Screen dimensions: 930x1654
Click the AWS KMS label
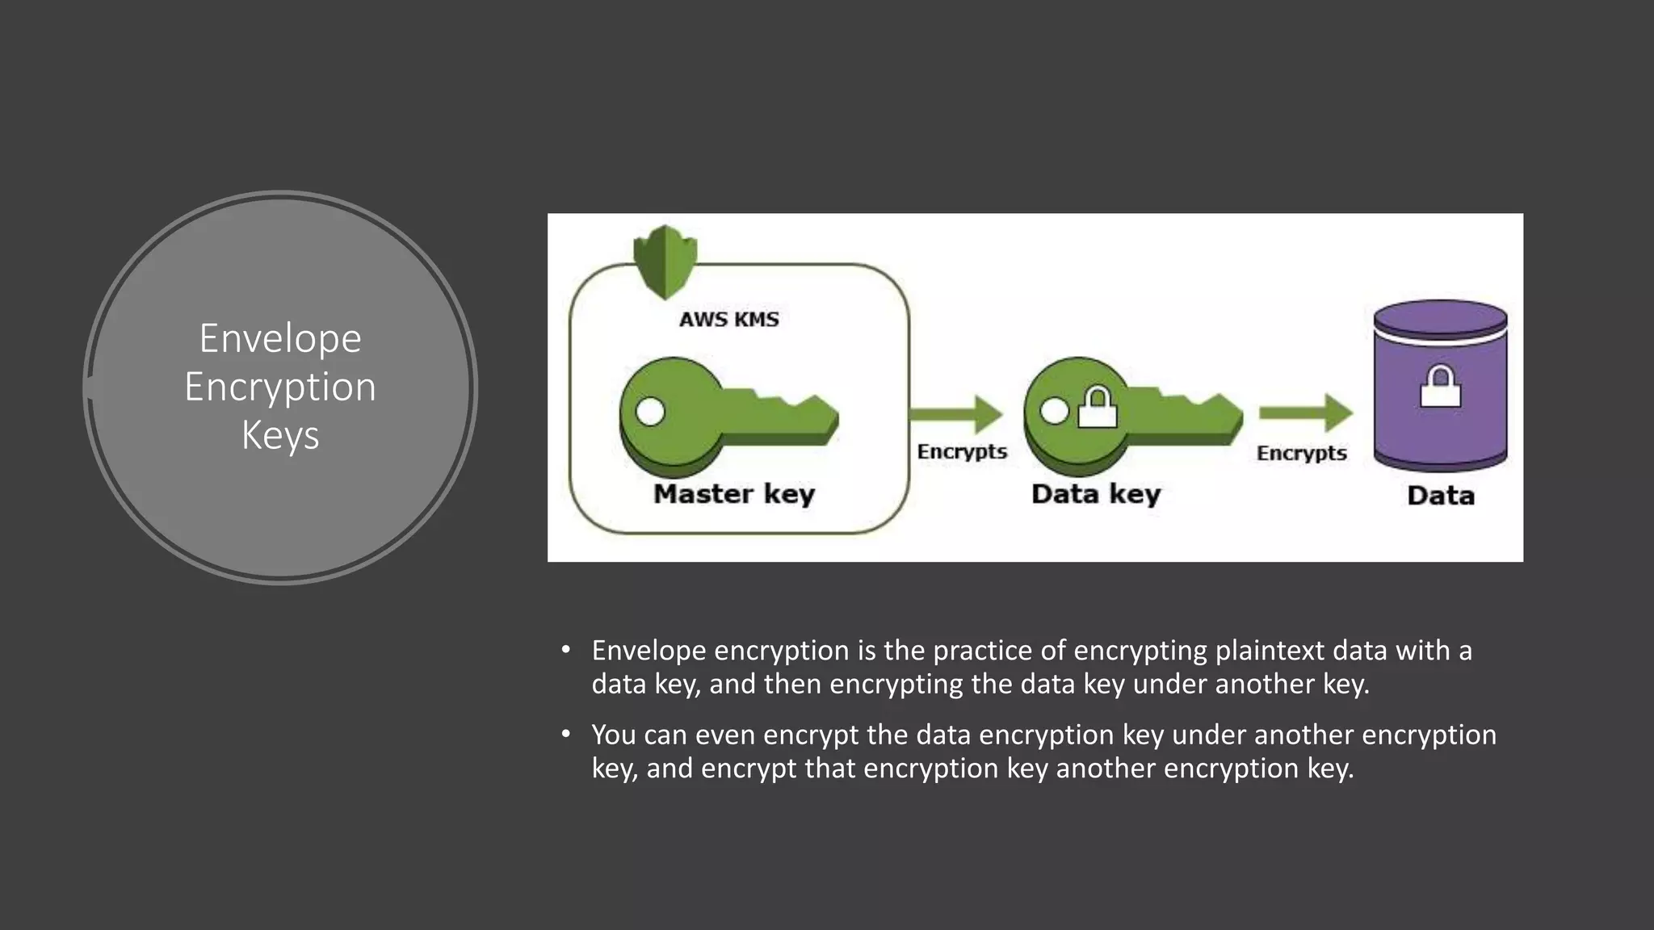pos(728,320)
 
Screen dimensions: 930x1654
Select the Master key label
pos(733,493)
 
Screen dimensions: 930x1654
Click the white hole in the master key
pos(650,412)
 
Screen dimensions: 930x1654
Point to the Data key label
pos(1096,493)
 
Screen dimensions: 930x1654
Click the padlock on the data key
pos(1098,407)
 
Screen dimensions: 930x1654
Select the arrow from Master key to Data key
pos(956,415)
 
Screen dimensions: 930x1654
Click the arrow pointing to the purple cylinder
pos(1305,414)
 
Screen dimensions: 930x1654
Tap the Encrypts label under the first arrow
pos(962,451)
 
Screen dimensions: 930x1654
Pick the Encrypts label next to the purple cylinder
pos(1301,453)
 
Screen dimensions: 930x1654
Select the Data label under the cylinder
pos(1440,495)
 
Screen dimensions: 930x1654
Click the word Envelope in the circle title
pos(280,338)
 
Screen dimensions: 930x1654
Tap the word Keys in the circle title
pos(280,435)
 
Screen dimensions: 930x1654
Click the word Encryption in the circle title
pos(280,387)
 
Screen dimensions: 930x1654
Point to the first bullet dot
pos(566,650)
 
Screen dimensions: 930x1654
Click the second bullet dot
pos(566,734)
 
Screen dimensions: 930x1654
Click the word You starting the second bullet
pos(613,735)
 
